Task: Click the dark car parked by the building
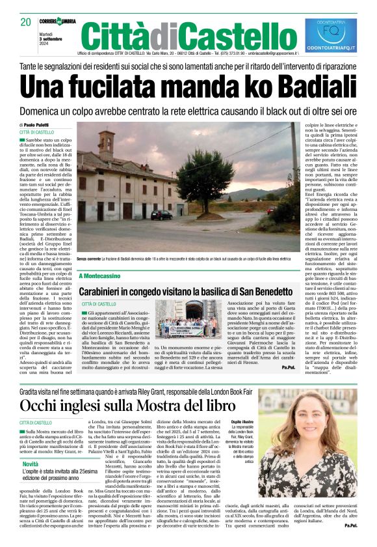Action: coord(161,215)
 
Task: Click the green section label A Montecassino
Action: coord(100,276)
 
